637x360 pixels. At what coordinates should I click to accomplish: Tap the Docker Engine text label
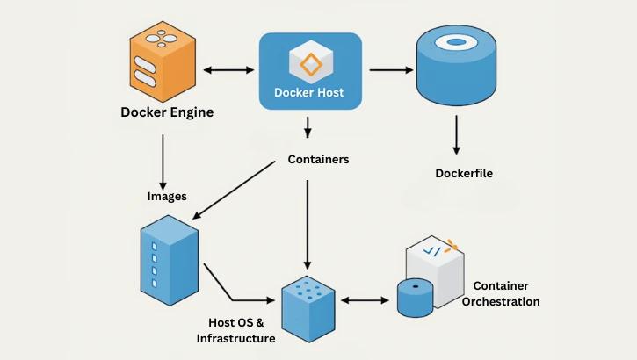pyautogui.click(x=167, y=112)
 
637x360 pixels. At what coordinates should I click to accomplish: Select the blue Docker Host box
pyautogui.click(x=309, y=71)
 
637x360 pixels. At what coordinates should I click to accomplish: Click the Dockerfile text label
pyautogui.click(x=463, y=173)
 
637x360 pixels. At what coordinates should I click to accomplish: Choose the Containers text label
pyautogui.click(x=318, y=160)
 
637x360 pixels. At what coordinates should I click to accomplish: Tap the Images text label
pyautogui.click(x=167, y=196)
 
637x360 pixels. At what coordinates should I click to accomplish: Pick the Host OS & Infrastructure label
pyautogui.click(x=235, y=330)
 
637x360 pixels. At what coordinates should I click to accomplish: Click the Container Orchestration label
pyautogui.click(x=505, y=293)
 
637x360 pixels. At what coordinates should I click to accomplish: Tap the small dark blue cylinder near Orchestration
pyautogui.click(x=415, y=297)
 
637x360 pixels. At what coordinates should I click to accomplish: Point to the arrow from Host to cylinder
pyautogui.click(x=391, y=68)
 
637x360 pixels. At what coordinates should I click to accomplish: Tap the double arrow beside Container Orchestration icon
pyautogui.click(x=364, y=300)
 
